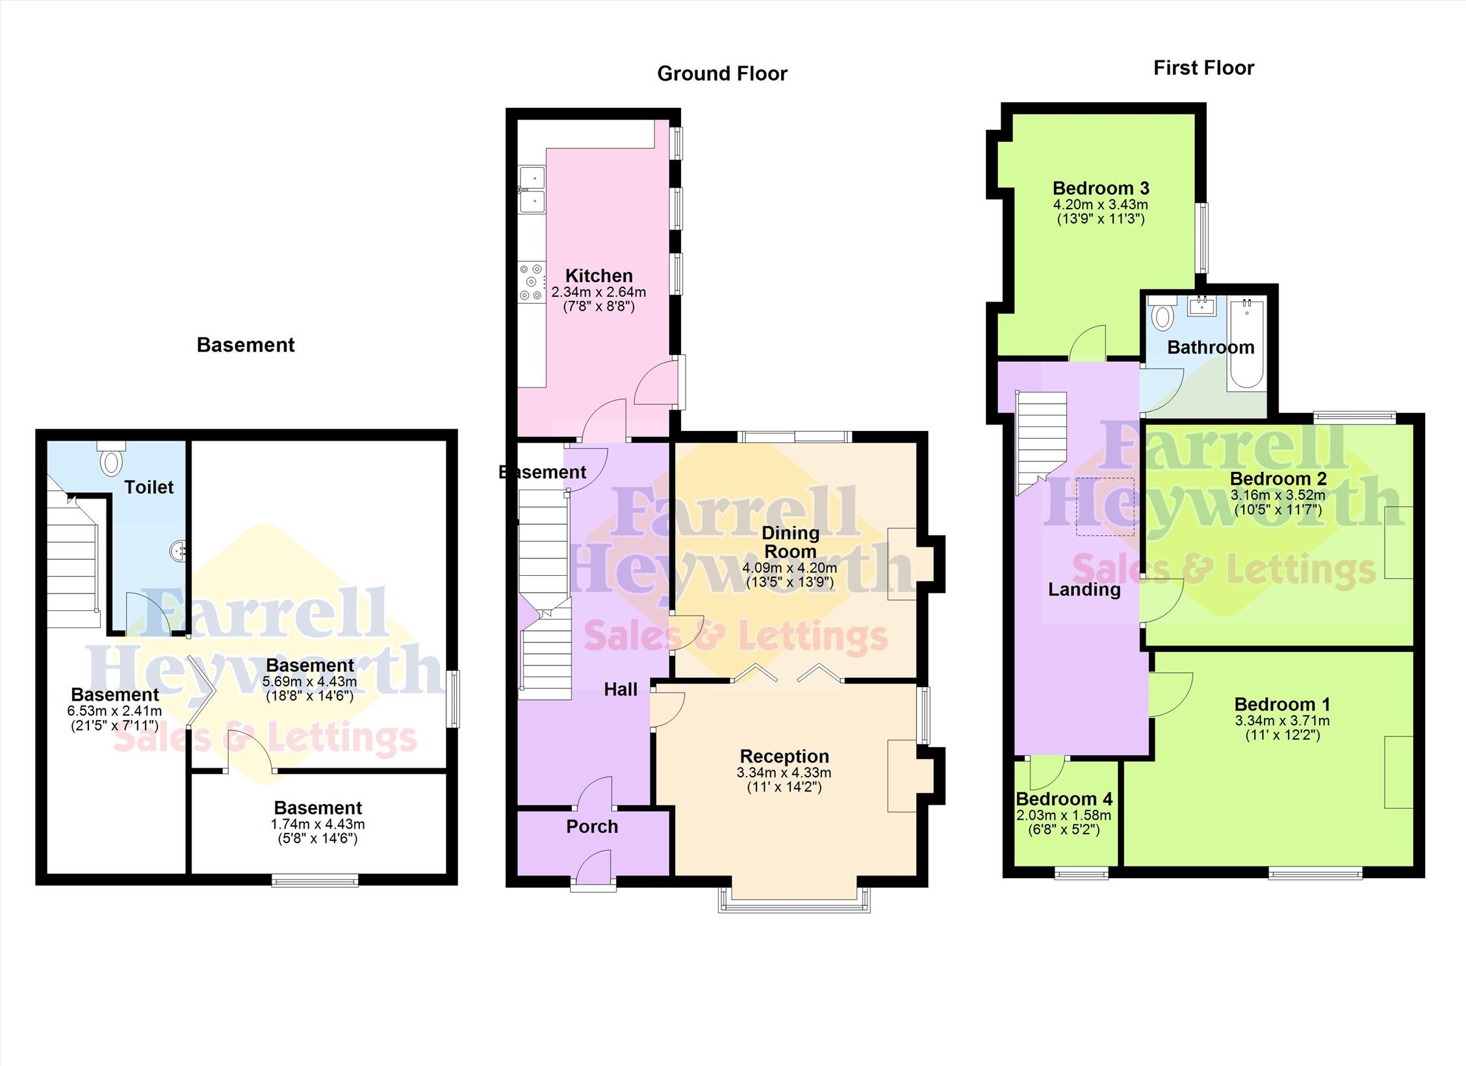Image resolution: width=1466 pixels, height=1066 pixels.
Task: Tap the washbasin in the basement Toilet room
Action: pyautogui.click(x=178, y=551)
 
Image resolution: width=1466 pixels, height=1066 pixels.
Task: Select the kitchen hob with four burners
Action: pyautogui.click(x=532, y=281)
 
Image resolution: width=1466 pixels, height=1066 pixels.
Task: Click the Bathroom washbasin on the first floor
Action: pyautogui.click(x=1202, y=305)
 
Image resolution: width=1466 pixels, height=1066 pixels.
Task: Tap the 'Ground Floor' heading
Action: pyautogui.click(x=722, y=73)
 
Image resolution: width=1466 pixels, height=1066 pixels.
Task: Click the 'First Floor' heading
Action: pyautogui.click(x=1203, y=68)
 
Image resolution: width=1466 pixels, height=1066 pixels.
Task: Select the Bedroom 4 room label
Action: pyautogui.click(x=1064, y=799)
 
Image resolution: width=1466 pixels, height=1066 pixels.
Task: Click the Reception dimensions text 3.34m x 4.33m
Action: pyautogui.click(x=784, y=773)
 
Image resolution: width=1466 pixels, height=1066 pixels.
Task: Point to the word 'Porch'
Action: pyautogui.click(x=592, y=827)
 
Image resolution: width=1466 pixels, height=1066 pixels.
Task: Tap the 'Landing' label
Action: pyautogui.click(x=1085, y=590)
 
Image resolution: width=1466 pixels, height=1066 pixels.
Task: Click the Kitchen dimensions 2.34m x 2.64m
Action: pyautogui.click(x=598, y=292)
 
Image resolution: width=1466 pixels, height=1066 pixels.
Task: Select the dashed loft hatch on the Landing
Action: pyautogui.click(x=1105, y=507)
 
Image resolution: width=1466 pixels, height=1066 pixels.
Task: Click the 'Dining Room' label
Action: pyautogui.click(x=790, y=542)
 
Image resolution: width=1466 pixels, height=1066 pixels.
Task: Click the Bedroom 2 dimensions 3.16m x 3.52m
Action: pyautogui.click(x=1278, y=495)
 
